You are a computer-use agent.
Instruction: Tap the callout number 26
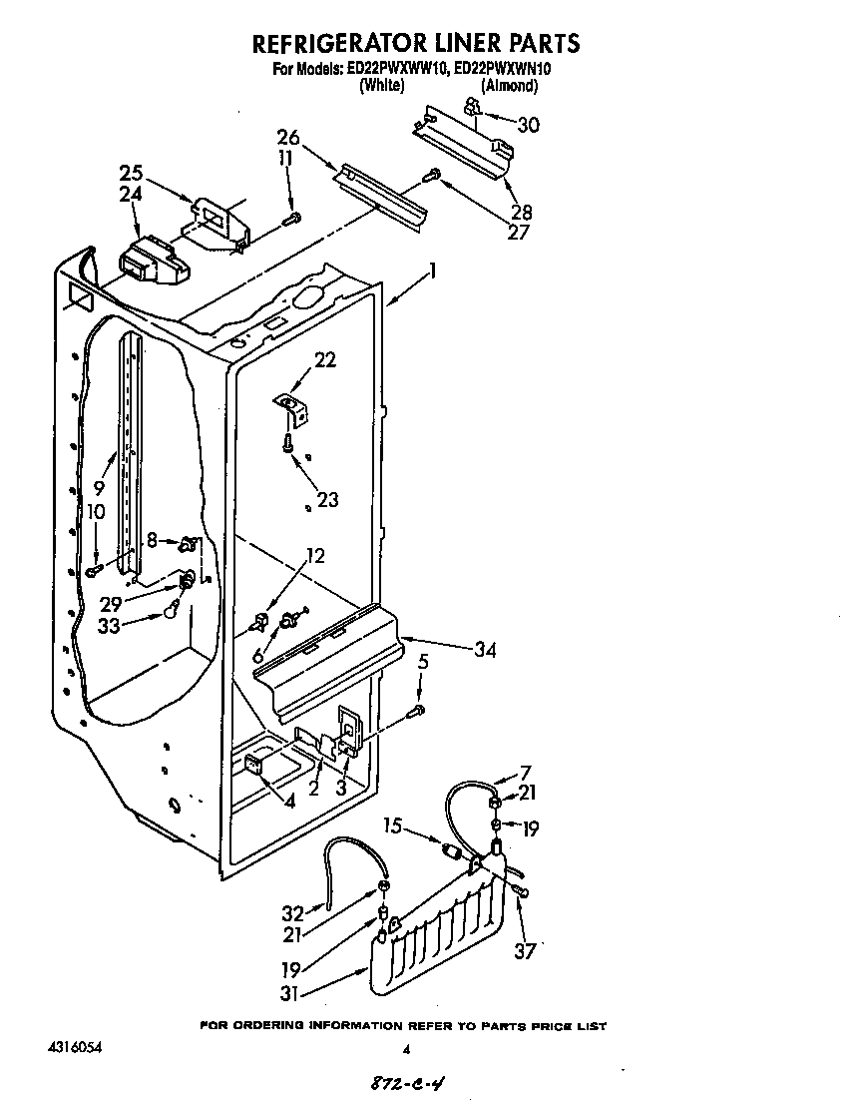click(x=288, y=137)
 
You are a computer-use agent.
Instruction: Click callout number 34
click(x=484, y=650)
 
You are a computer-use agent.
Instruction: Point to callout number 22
click(x=324, y=360)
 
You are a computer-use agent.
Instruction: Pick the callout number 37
click(x=523, y=951)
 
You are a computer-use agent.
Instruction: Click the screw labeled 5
click(x=418, y=711)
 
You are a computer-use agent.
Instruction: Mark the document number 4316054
click(x=74, y=1048)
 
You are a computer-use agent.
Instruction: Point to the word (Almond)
click(x=510, y=87)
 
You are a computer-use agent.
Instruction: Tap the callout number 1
click(x=433, y=269)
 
